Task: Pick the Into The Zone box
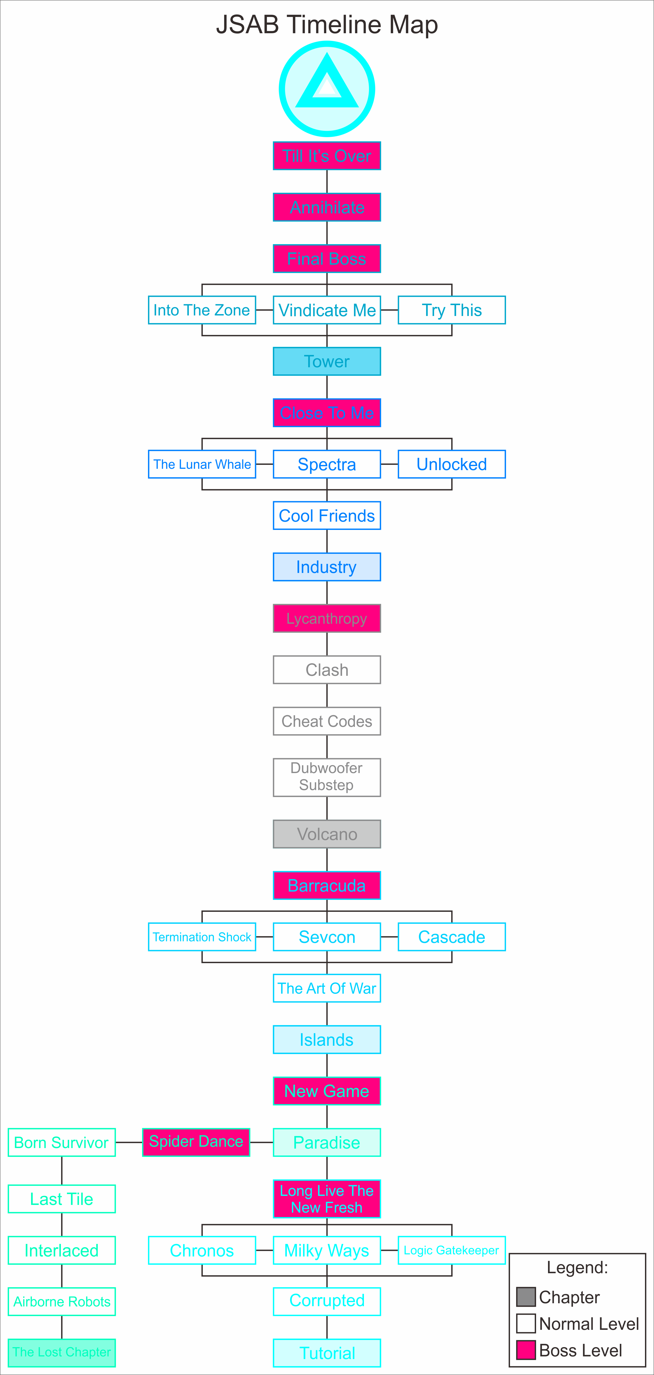pos(202,310)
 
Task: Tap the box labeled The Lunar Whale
pos(202,464)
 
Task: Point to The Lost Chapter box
pos(61,1353)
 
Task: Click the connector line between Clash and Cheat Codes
pos(327,695)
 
